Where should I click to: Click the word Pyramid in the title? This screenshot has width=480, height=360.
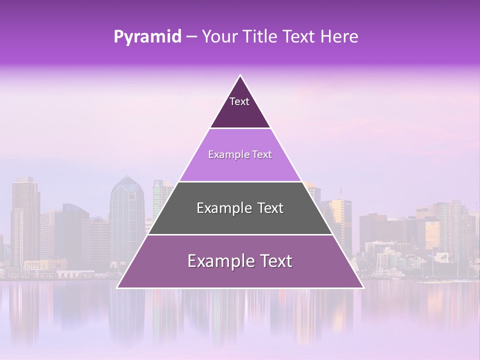tap(147, 37)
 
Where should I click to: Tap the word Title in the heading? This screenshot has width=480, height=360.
tap(263, 36)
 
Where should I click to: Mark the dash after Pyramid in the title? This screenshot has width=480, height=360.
tap(191, 37)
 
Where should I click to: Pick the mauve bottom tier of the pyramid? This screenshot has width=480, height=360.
tap(240, 275)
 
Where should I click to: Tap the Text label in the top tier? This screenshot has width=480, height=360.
tap(239, 101)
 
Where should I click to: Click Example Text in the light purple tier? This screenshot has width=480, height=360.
tap(240, 154)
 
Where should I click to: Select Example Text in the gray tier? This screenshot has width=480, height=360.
tap(240, 208)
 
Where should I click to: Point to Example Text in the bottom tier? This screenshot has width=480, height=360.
tap(240, 261)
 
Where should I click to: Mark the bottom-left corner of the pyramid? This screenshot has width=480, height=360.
tap(118, 287)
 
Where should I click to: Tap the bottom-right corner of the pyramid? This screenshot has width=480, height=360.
tap(362, 287)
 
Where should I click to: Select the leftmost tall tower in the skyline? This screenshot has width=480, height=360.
tap(25, 220)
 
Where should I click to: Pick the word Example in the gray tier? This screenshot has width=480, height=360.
tap(220, 208)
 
